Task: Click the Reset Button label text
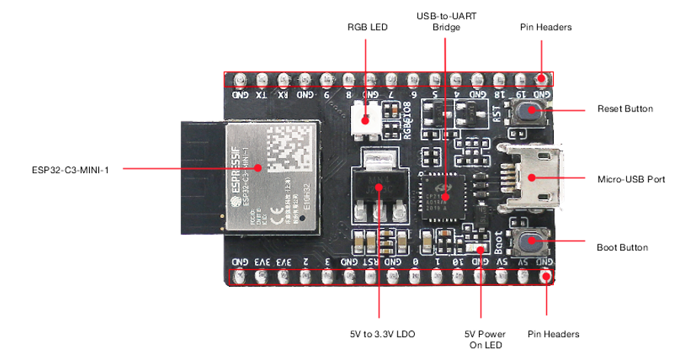pos(625,109)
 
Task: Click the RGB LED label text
pos(367,27)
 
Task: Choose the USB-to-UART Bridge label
pos(446,21)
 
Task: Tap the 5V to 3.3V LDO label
pos(379,334)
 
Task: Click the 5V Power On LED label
pos(482,340)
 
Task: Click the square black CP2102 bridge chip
pos(445,196)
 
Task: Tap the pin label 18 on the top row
pos(500,95)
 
